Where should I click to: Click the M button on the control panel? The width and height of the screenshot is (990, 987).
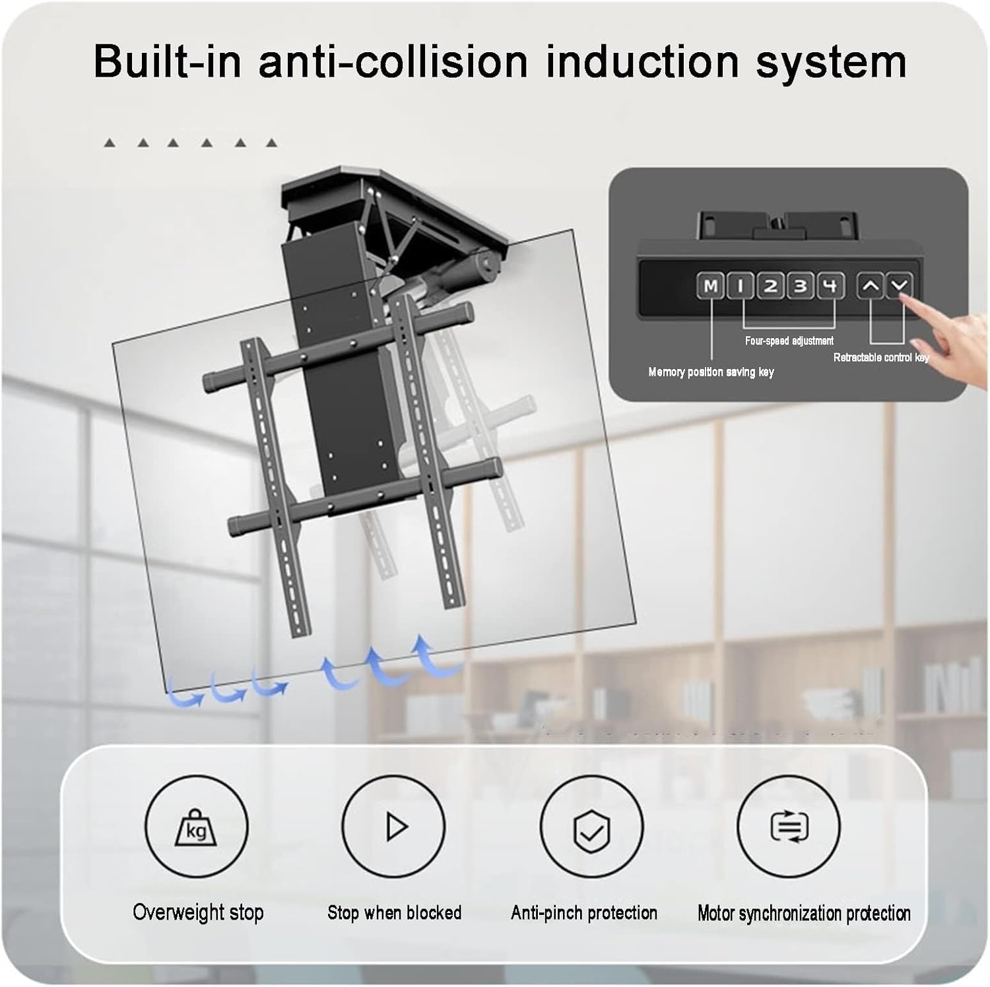coord(710,286)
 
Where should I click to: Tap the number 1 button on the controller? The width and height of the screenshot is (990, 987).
coord(741,286)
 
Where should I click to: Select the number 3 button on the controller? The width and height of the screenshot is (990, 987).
coord(801,286)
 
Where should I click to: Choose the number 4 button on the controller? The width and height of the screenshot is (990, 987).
coord(831,286)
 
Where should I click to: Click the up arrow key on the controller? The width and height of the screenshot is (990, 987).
coord(871,286)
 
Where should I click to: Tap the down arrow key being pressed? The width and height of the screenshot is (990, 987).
coord(899,285)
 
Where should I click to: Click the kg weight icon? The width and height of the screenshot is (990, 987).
coord(196,827)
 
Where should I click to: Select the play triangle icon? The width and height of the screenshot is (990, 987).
coord(395,827)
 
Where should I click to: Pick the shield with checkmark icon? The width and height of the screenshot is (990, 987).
coord(591,827)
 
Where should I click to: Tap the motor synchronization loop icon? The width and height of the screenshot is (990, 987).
coord(789,827)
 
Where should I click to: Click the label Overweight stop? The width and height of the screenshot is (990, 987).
coord(198,912)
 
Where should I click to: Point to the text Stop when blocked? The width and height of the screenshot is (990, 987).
coord(395,912)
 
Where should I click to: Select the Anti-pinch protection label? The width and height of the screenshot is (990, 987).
coord(584,912)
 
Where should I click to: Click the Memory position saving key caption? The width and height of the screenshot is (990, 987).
coord(711,372)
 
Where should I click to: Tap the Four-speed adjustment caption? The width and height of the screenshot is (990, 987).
coord(789,341)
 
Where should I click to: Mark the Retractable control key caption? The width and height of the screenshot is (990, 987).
coord(881,357)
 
